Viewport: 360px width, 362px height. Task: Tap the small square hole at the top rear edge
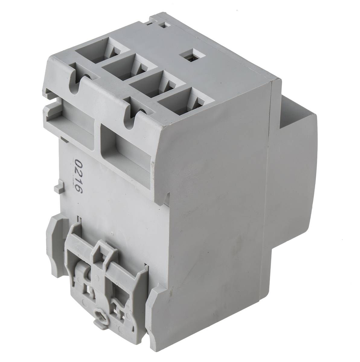point(164,25)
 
